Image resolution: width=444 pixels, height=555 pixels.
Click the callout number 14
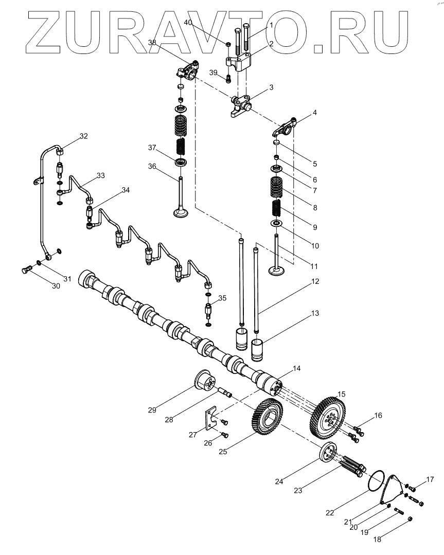tap(296, 368)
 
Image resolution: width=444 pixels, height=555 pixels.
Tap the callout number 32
tap(83, 136)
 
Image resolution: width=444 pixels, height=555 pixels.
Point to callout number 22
tap(329, 513)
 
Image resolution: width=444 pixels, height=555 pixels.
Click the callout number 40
tap(188, 23)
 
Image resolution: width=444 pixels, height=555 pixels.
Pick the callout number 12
tap(315, 281)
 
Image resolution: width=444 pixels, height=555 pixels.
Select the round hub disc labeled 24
tap(327, 455)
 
